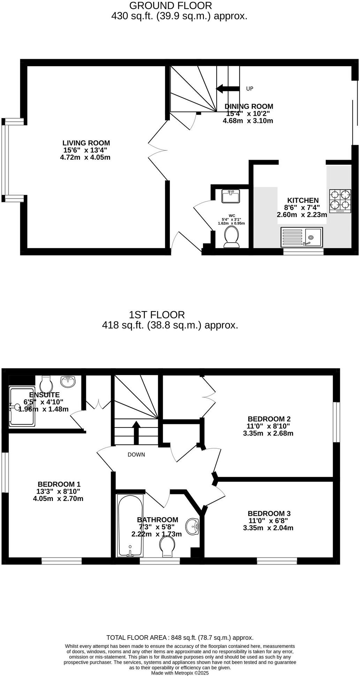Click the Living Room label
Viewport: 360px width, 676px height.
click(86, 143)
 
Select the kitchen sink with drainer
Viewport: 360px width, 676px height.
click(302, 237)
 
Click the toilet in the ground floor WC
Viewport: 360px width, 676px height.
click(231, 236)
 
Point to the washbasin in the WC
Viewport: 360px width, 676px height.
click(230, 196)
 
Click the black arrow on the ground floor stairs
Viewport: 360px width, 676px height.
click(228, 88)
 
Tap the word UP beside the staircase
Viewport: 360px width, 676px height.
click(249, 89)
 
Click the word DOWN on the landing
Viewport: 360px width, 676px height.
click(136, 455)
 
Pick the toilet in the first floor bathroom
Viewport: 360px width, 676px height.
click(167, 546)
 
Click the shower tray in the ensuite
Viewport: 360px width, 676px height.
click(22, 406)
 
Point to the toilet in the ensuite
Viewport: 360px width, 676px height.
click(46, 384)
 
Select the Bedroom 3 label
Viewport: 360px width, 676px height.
click(269, 513)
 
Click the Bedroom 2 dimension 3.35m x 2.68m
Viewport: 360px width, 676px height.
click(268, 433)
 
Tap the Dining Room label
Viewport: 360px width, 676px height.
click(249, 107)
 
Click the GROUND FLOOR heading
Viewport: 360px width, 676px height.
click(171, 6)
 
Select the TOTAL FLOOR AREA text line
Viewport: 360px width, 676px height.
click(180, 638)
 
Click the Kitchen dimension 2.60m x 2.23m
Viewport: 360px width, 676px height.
click(302, 215)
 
